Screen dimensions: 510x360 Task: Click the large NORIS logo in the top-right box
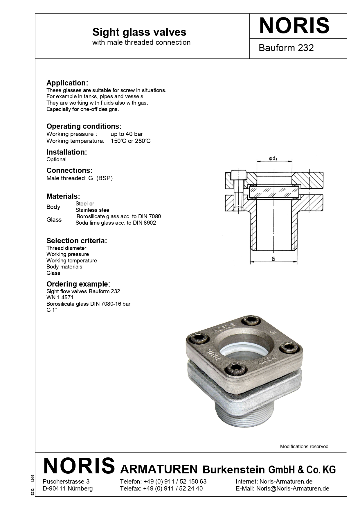[x=294, y=26]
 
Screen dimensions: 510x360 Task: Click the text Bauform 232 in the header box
[x=286, y=48]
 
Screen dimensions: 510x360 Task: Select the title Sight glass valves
[x=139, y=32]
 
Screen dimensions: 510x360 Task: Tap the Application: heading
[x=67, y=83]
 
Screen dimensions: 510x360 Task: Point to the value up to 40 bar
[x=127, y=134]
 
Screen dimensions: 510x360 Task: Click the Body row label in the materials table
[x=53, y=207]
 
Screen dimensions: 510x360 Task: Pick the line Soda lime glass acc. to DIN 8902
[x=116, y=223]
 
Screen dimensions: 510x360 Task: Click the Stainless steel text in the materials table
[x=93, y=210]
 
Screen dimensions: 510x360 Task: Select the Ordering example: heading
[x=78, y=284]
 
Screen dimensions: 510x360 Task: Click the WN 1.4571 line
[x=60, y=297]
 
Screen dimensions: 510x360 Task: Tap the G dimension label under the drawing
[x=273, y=259]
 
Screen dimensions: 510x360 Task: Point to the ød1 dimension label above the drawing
[x=273, y=159]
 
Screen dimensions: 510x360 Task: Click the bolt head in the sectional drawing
[x=239, y=175]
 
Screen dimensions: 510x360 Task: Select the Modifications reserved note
[x=304, y=446]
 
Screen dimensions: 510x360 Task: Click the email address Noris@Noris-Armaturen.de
[x=293, y=488]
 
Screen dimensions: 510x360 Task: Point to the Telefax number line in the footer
[x=161, y=488]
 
